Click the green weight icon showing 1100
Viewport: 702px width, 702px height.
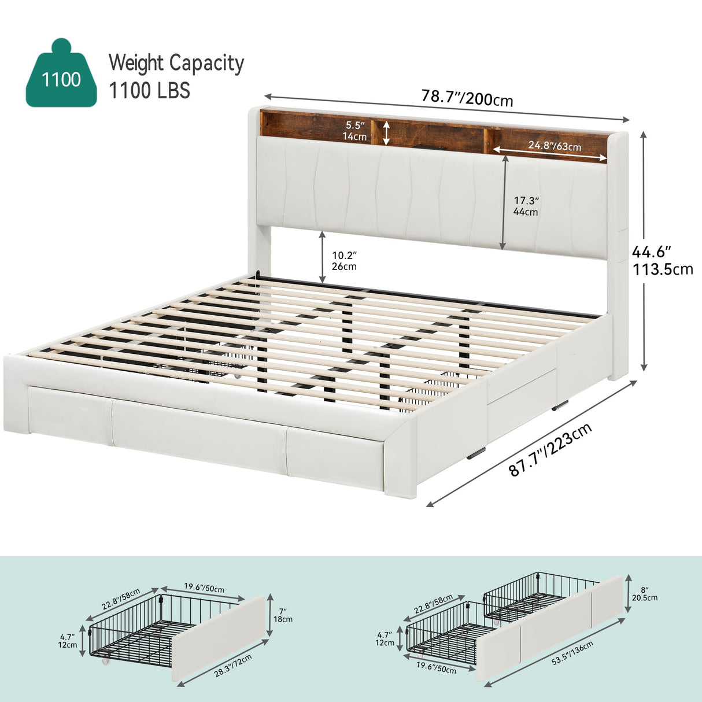(61, 75)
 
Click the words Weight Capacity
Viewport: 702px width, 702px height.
(176, 63)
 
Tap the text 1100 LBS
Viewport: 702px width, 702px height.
(149, 91)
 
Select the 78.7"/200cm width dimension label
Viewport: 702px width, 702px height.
(467, 98)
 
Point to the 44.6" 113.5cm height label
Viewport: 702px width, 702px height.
(662, 260)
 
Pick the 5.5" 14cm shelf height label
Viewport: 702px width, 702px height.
(355, 131)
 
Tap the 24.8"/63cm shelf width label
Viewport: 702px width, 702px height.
(554, 146)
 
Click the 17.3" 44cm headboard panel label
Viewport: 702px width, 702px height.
(526, 206)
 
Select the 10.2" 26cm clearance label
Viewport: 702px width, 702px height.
(344, 260)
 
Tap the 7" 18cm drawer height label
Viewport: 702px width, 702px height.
(283, 614)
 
